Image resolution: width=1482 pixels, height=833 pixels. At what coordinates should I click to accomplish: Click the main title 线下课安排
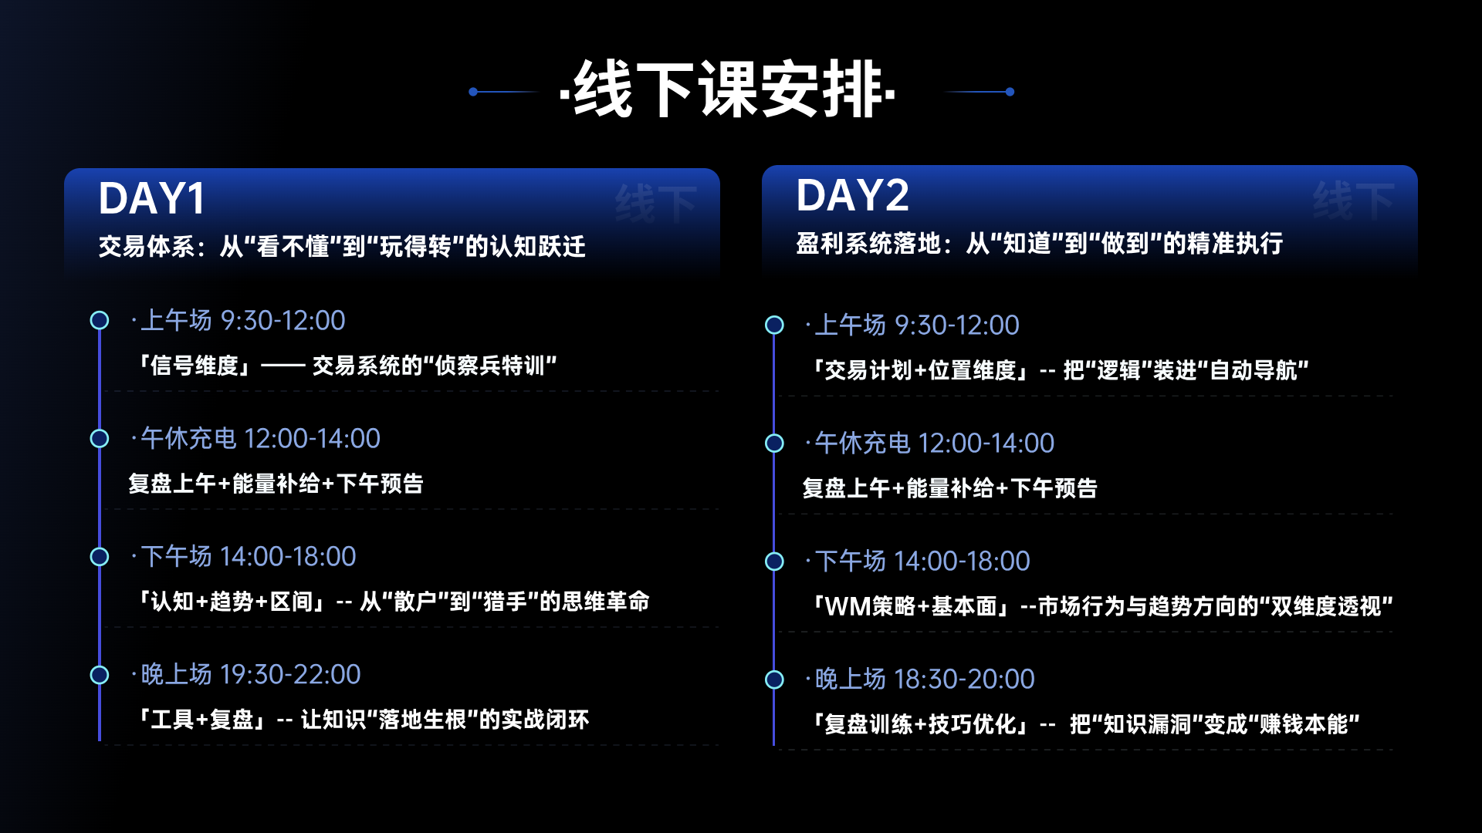tap(728, 89)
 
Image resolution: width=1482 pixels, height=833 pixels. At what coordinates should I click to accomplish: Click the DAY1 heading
tap(152, 198)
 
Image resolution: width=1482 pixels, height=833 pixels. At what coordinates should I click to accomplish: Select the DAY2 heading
tap(852, 195)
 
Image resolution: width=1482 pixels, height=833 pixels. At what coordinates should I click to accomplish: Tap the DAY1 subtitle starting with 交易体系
tap(342, 247)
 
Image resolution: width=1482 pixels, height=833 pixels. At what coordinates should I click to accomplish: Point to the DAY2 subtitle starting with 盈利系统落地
tap(1040, 244)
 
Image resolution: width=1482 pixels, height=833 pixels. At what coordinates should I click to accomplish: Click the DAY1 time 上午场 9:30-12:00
tap(243, 320)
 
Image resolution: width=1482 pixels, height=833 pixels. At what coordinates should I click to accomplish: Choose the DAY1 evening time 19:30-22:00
tap(290, 675)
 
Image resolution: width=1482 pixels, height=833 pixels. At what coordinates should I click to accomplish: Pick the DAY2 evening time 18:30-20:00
tap(964, 680)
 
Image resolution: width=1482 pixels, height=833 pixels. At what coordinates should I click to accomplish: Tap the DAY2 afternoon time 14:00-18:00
tap(961, 562)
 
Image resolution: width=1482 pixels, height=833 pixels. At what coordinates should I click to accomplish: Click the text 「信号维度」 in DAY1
tap(195, 365)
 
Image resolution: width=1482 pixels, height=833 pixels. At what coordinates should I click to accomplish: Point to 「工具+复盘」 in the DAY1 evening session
tap(202, 720)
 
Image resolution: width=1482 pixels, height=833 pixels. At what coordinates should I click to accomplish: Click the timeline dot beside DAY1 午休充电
tap(100, 438)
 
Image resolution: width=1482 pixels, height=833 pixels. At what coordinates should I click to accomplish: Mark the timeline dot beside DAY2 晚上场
tap(774, 680)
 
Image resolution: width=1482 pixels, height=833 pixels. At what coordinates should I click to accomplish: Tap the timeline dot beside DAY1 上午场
tap(100, 320)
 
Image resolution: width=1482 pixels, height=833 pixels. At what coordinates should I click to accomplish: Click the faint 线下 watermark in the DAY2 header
tap(1354, 201)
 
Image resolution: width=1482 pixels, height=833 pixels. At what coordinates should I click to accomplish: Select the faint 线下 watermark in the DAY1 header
tap(656, 204)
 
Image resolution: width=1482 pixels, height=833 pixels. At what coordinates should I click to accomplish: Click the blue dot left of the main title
tap(473, 92)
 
